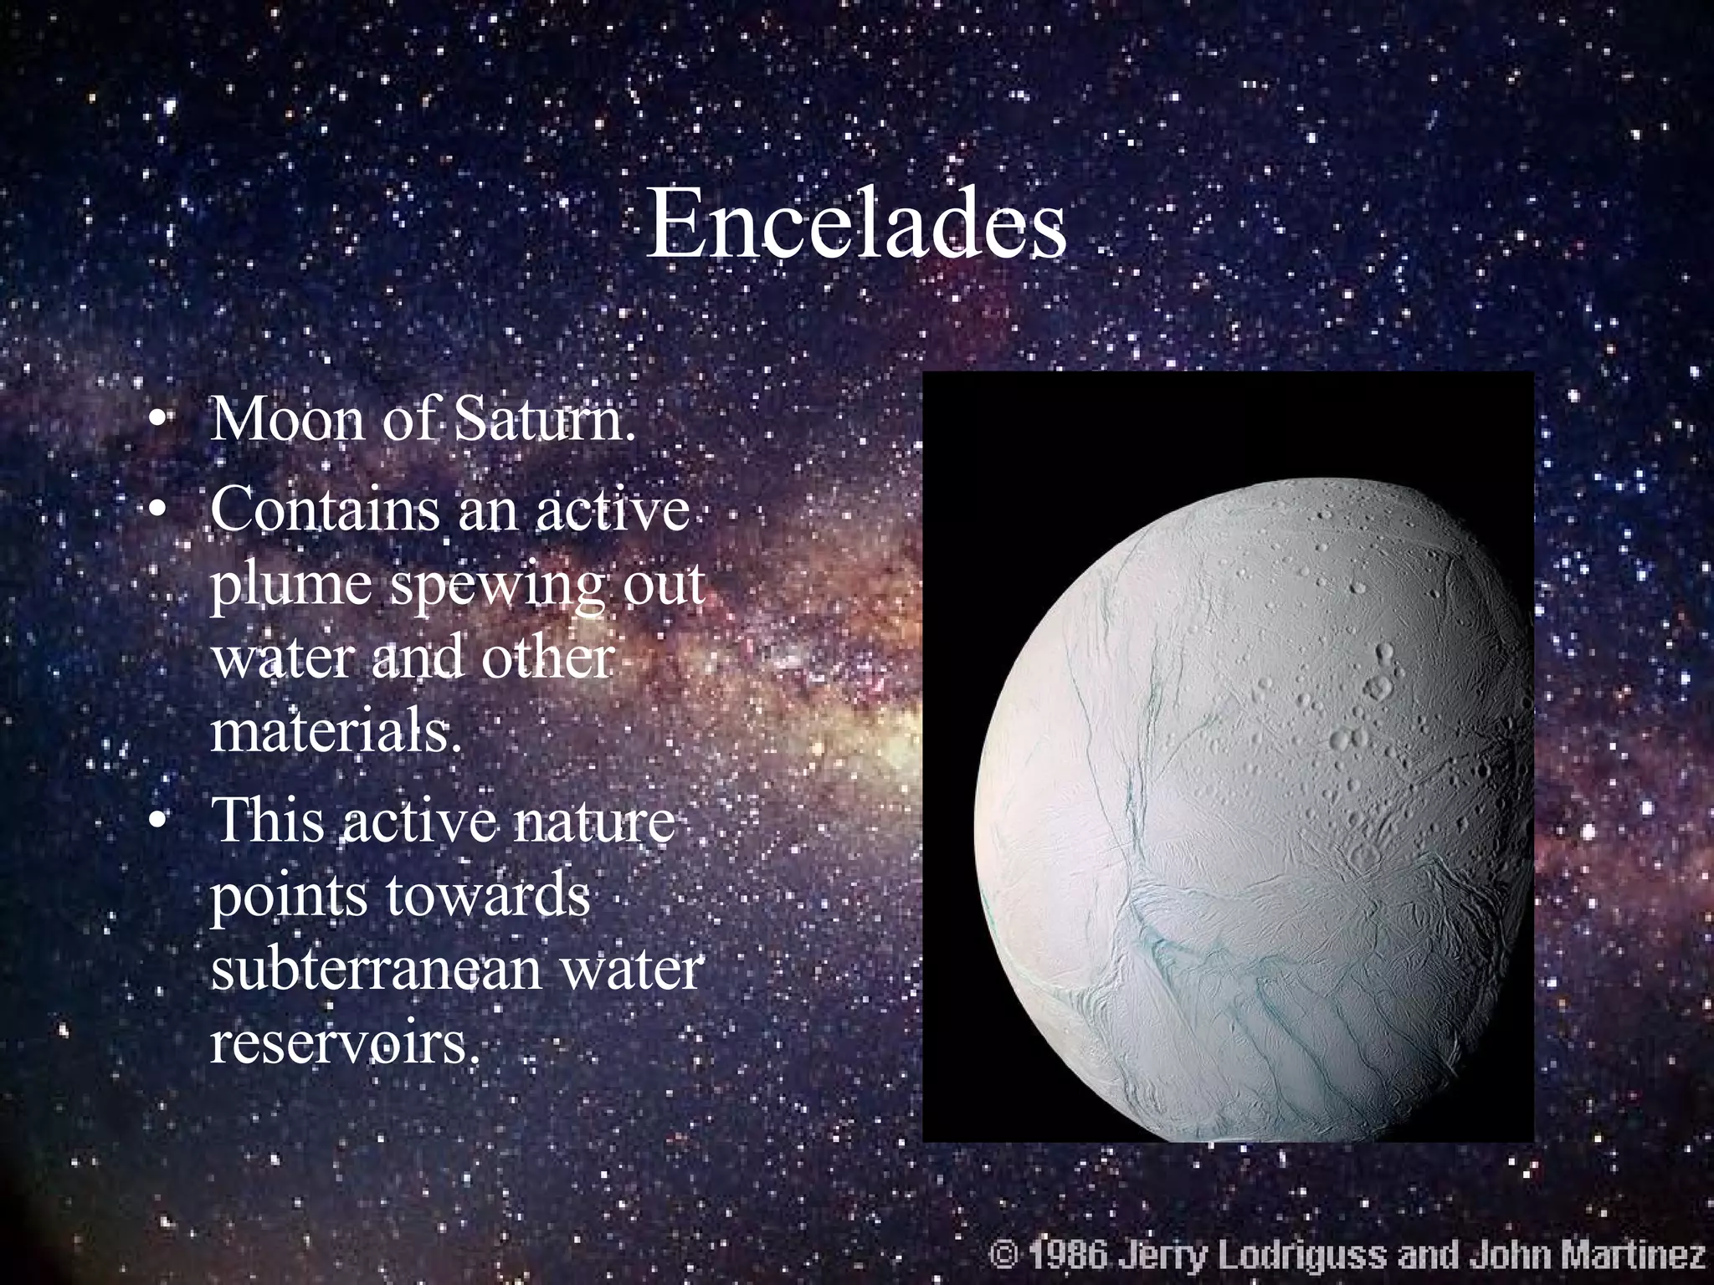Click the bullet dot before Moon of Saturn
155,421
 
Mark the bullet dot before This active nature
155,823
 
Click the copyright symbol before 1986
1002,1255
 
